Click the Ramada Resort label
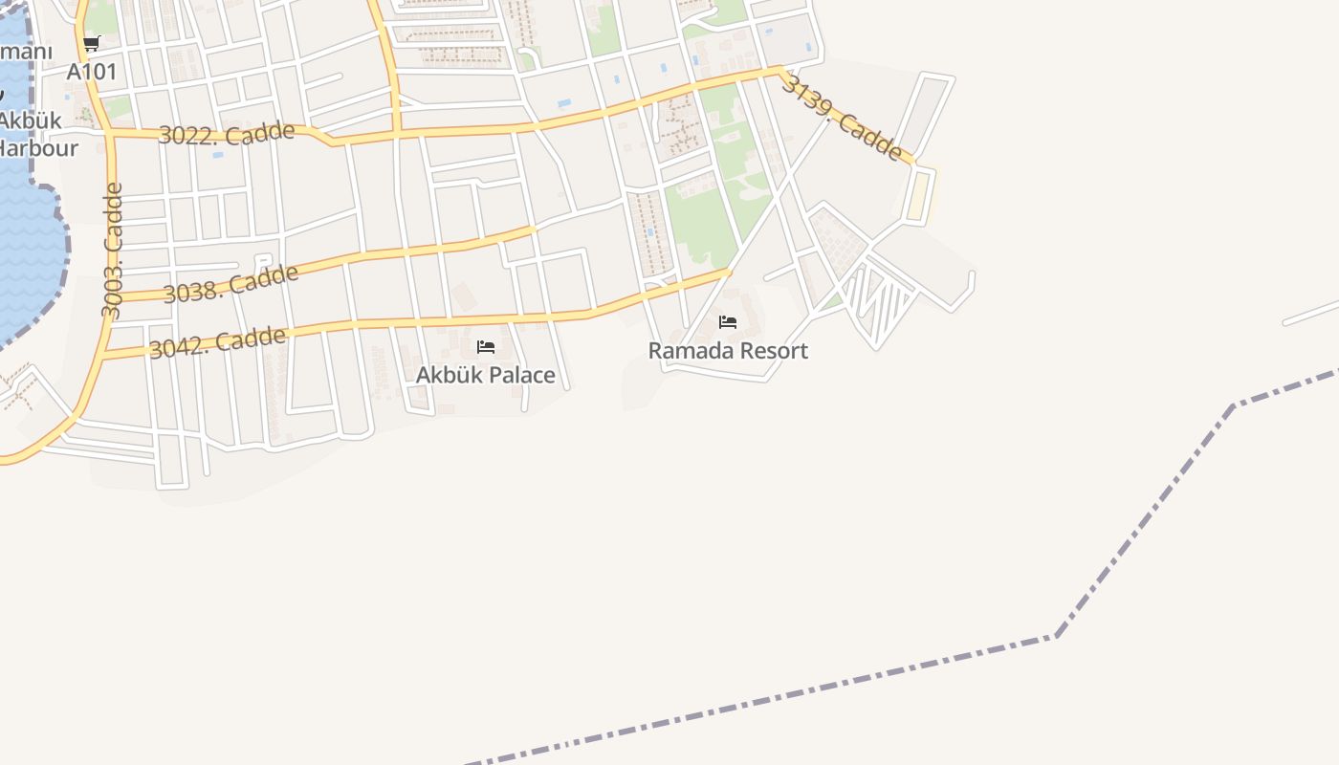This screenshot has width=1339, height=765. coord(728,351)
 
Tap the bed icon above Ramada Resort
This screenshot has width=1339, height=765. coord(728,322)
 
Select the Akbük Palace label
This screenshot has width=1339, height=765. coord(485,375)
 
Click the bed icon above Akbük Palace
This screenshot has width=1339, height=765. coord(486,346)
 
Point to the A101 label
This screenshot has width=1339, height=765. coord(92,72)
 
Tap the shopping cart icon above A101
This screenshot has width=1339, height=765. coord(92,43)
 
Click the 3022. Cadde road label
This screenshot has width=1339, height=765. coord(226,133)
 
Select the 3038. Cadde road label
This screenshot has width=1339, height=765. coord(230,284)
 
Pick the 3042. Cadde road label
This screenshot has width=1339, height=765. coord(217,342)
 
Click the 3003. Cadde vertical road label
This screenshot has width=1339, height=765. coord(113,251)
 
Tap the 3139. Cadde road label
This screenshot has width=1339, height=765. coord(842,118)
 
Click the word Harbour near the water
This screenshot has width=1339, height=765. coord(38,147)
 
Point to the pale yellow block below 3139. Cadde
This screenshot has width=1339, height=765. coord(918,195)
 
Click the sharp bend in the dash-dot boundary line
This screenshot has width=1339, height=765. coord(1056,635)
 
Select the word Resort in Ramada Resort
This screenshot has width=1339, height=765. coord(771,351)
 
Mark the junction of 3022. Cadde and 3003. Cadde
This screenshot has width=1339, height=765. coord(111,135)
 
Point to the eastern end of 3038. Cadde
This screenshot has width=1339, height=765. coord(533,229)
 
